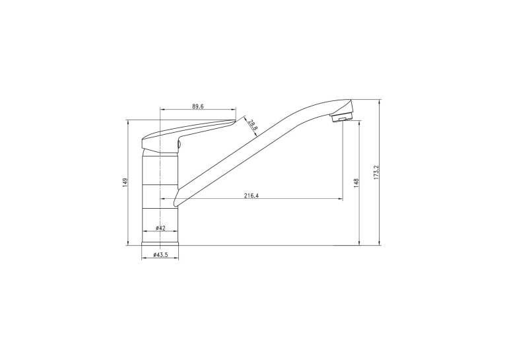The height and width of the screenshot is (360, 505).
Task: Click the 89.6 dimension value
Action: [198, 106]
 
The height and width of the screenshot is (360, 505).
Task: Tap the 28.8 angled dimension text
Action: [253, 125]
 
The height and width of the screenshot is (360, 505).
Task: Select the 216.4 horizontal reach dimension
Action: [252, 196]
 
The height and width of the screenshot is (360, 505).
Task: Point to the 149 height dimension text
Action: [125, 182]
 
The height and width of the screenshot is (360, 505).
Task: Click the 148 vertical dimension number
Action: [356, 183]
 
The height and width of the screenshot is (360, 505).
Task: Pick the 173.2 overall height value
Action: [376, 172]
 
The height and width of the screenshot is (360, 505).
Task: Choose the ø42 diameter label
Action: [160, 228]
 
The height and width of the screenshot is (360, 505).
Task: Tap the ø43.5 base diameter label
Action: [160, 254]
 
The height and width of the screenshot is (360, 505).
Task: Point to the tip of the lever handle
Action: [236, 120]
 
